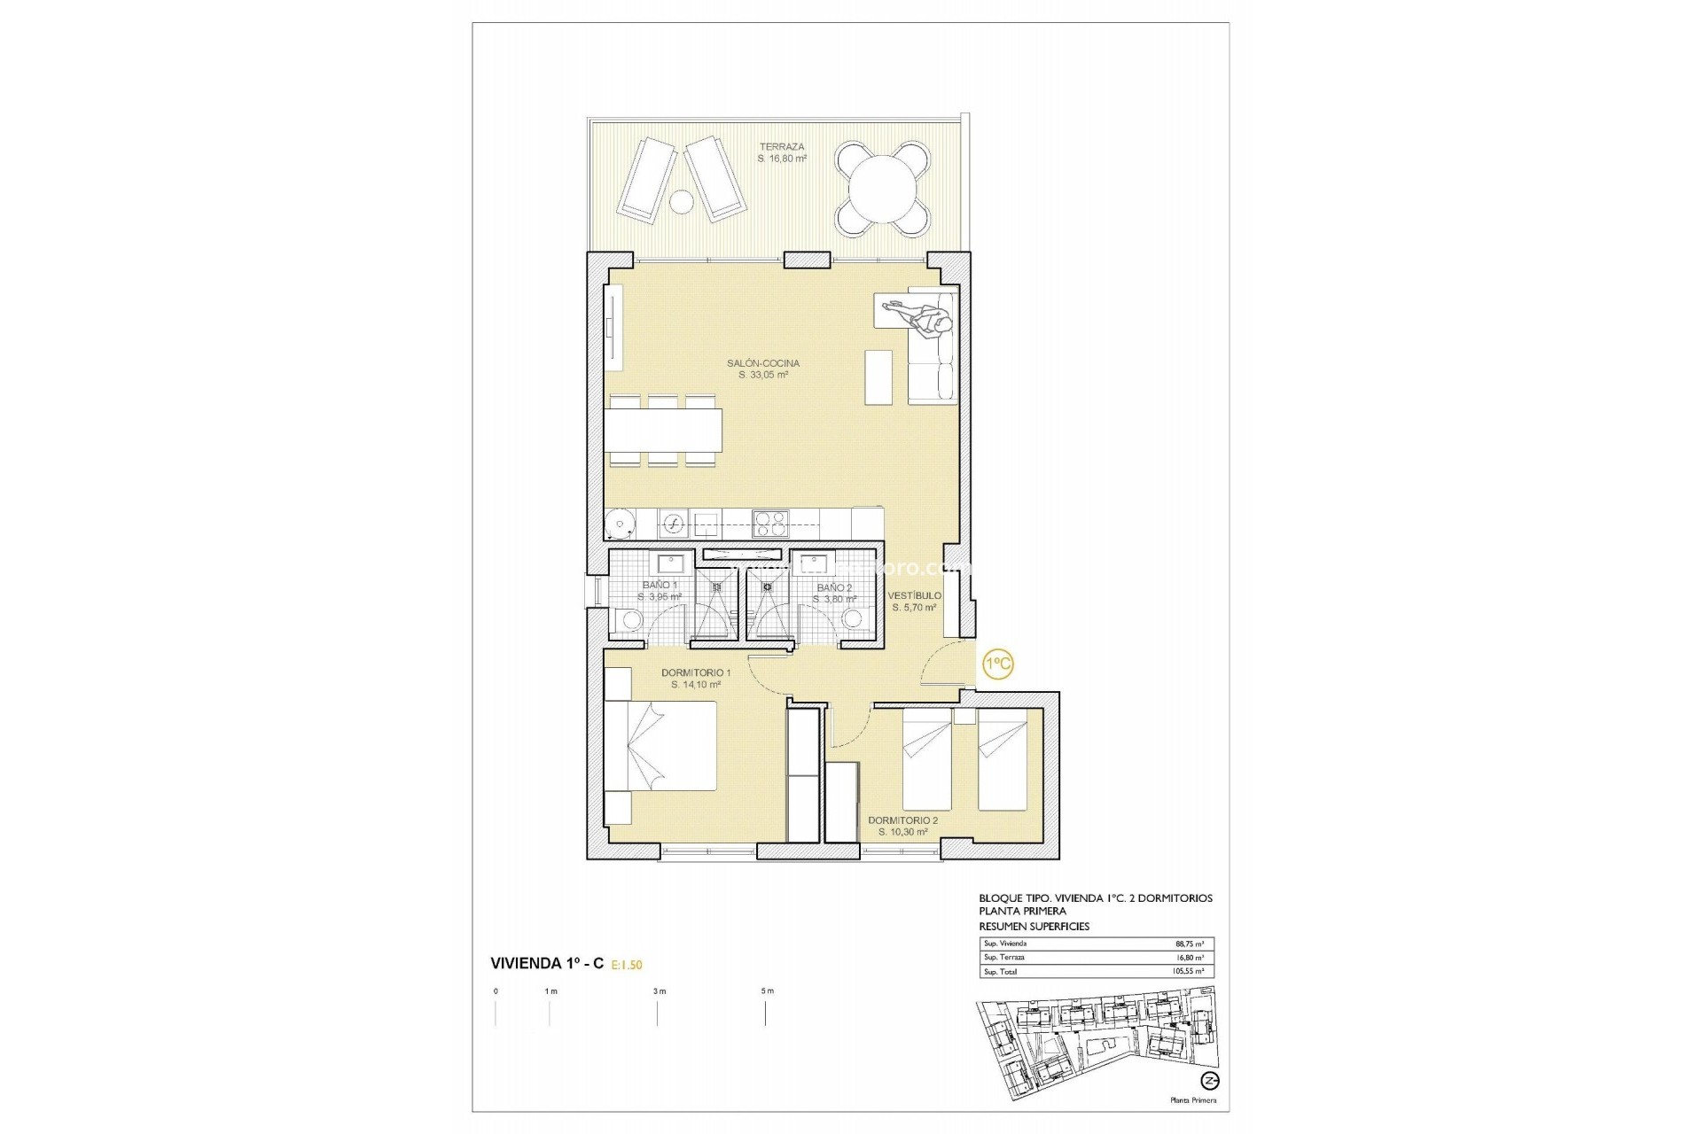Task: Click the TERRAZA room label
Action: (781, 147)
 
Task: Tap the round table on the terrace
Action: (884, 190)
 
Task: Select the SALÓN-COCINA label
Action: (762, 363)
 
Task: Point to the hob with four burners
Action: (769, 523)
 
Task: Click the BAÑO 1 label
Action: (660, 586)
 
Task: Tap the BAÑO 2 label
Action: (834, 588)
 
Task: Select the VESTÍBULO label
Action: (915, 596)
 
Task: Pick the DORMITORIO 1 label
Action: (696, 673)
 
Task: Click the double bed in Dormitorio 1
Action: (660, 746)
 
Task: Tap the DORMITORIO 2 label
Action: (902, 820)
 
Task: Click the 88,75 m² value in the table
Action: (1189, 944)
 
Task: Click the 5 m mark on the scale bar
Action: (766, 991)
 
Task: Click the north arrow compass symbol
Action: (1210, 1080)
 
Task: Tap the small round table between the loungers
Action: (681, 203)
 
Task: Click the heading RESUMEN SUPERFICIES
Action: (1034, 926)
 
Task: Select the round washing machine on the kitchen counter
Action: (620, 523)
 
